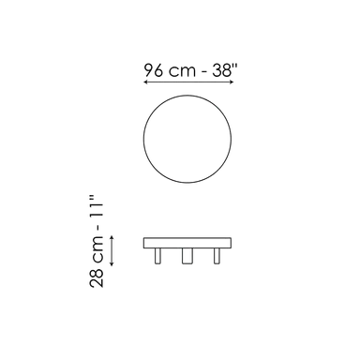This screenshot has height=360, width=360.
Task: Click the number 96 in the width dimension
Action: (x=154, y=70)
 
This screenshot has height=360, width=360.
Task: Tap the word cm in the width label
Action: (x=182, y=72)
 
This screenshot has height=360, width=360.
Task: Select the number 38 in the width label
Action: (x=221, y=70)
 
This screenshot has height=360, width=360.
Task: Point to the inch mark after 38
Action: (x=235, y=66)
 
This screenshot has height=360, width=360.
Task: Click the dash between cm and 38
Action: (x=204, y=72)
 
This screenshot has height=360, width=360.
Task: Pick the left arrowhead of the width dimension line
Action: (x=145, y=82)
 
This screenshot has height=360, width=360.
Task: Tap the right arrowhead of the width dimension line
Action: (x=232, y=82)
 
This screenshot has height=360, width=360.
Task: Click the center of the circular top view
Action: (x=187, y=139)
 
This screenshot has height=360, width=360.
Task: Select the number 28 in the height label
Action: (x=97, y=277)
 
